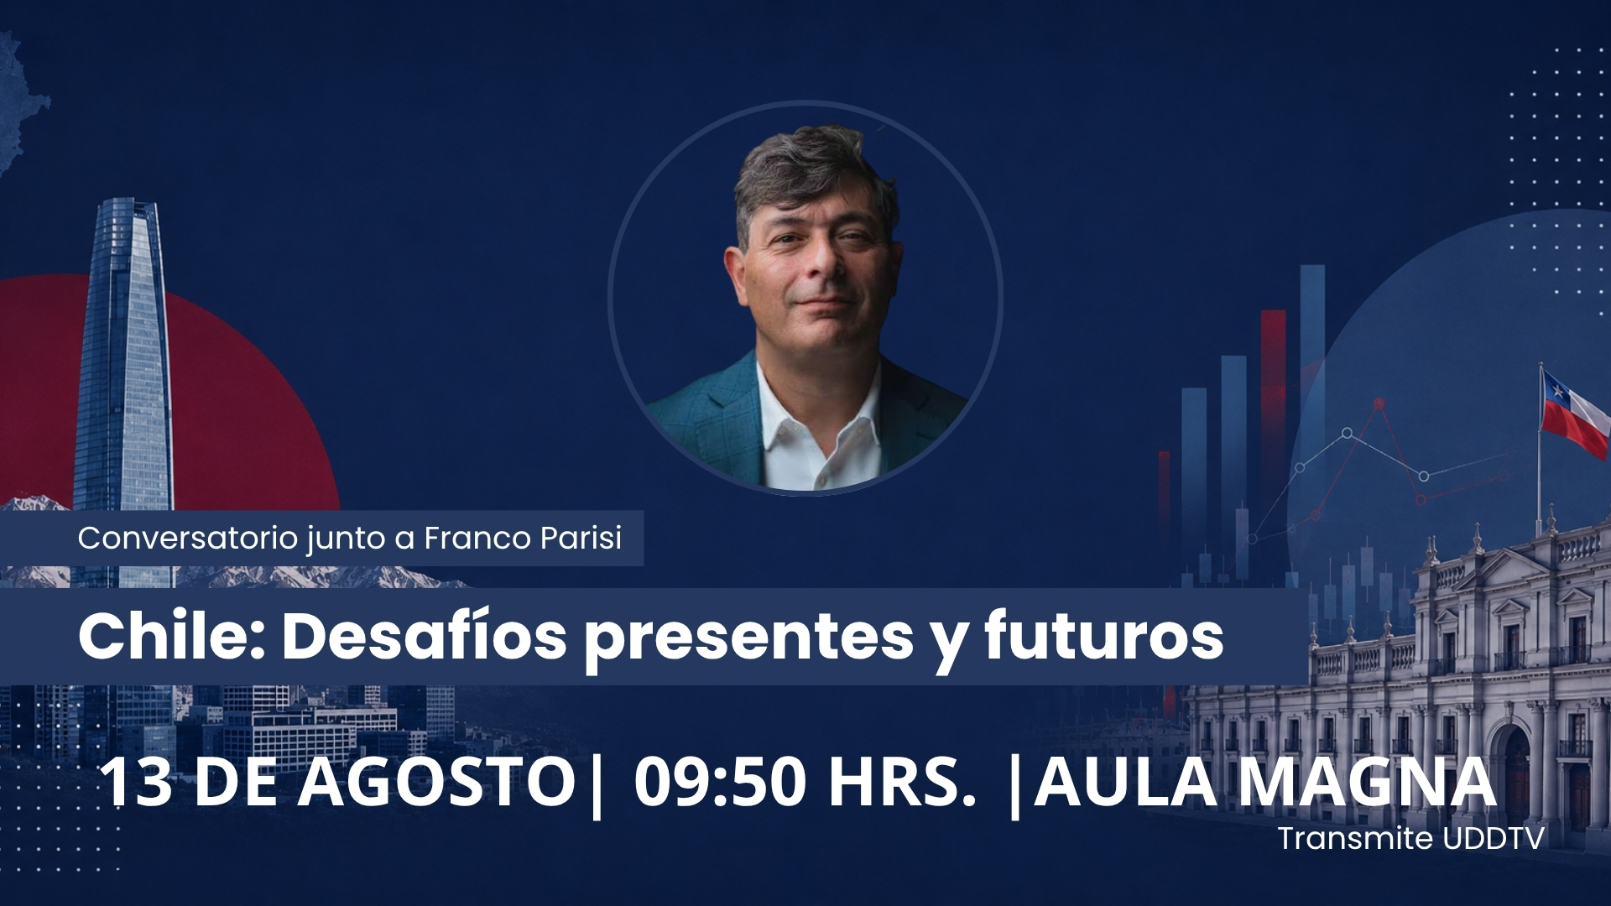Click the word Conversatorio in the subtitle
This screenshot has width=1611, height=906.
point(188,539)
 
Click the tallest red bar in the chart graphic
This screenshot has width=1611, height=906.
point(1273,436)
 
